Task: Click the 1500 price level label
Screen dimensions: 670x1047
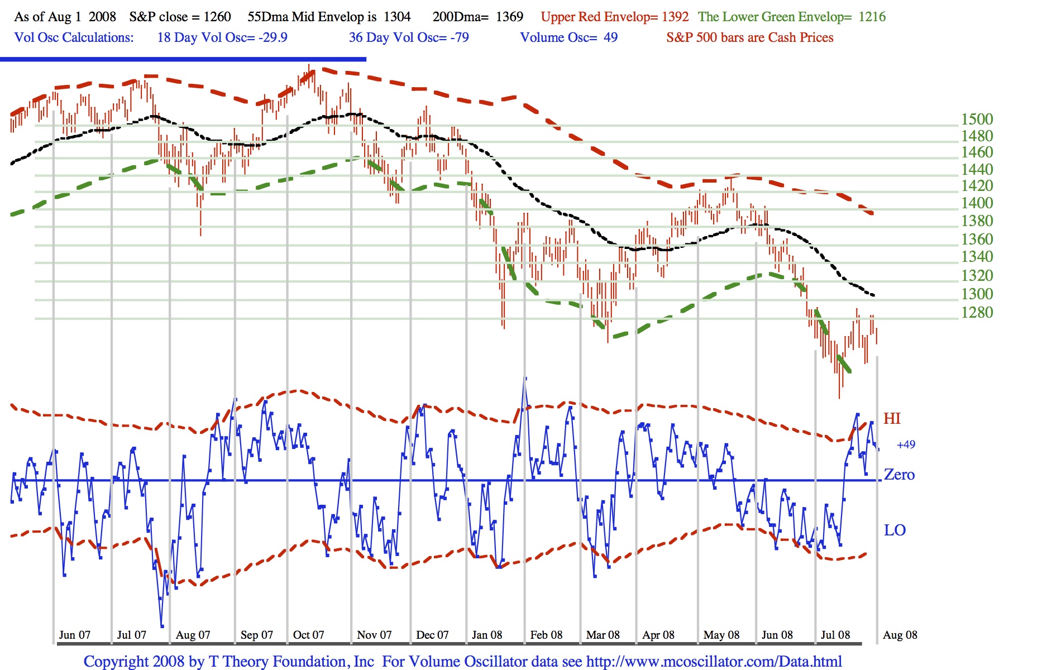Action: pyautogui.click(x=977, y=119)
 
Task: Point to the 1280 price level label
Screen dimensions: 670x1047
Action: pyautogui.click(x=977, y=312)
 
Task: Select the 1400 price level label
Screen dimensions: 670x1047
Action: pyautogui.click(x=977, y=203)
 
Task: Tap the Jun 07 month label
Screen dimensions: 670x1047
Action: pyautogui.click(x=74, y=635)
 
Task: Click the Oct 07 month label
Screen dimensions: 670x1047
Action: pyautogui.click(x=308, y=635)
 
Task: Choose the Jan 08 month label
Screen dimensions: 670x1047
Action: pyautogui.click(x=487, y=635)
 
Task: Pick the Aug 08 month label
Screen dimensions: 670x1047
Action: pyautogui.click(x=900, y=635)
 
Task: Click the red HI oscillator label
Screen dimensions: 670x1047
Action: pyautogui.click(x=892, y=419)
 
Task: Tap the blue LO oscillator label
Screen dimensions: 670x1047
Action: pyautogui.click(x=895, y=530)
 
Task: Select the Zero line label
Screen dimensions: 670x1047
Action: pyautogui.click(x=899, y=475)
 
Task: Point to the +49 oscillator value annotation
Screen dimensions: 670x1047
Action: pyautogui.click(x=906, y=445)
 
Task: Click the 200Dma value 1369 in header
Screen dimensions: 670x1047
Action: pyautogui.click(x=509, y=17)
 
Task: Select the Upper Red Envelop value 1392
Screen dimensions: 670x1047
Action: pyautogui.click(x=675, y=17)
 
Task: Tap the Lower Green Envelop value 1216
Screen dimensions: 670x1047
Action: pyautogui.click(x=872, y=17)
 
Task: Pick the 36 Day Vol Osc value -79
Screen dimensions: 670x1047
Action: pyautogui.click(x=460, y=37)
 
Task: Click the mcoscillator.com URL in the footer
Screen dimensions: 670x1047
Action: pyautogui.click(x=714, y=662)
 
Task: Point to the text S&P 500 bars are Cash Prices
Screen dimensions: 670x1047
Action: pyautogui.click(x=749, y=37)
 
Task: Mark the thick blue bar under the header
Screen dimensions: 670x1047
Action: pyautogui.click(x=183, y=59)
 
